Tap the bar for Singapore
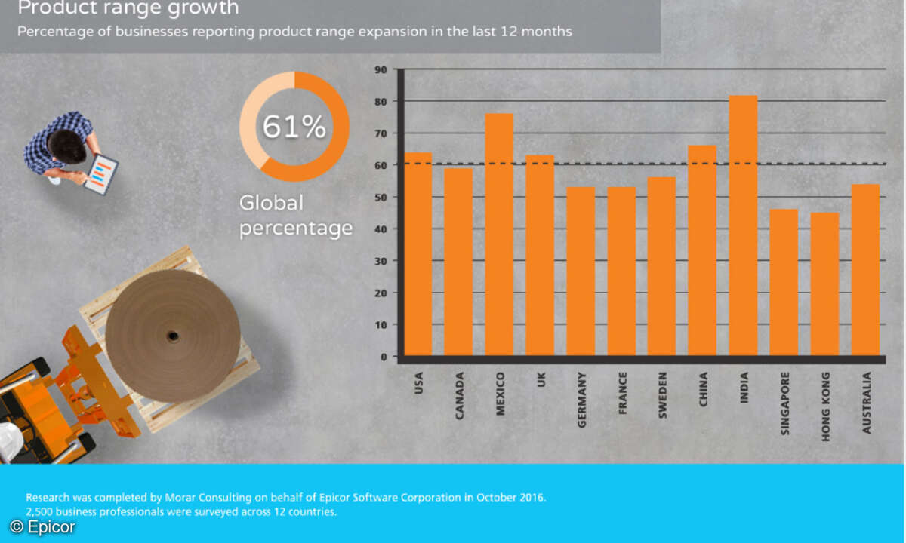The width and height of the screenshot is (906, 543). click(x=784, y=282)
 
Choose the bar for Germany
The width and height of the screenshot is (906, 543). click(x=581, y=271)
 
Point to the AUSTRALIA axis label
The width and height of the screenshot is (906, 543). click(x=866, y=402)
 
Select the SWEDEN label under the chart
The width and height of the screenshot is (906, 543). click(x=663, y=394)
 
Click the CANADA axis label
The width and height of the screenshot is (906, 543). click(x=460, y=396)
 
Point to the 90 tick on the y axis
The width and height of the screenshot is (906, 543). click(x=381, y=69)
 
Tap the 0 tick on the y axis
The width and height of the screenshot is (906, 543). click(x=384, y=357)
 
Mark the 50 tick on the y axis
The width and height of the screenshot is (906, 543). click(x=381, y=198)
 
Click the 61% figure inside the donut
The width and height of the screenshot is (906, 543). click(x=294, y=127)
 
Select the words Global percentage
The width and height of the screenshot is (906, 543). click(x=295, y=216)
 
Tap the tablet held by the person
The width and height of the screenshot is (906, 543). click(x=100, y=173)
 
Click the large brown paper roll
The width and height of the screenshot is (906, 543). click(x=173, y=336)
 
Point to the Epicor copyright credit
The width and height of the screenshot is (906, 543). click(x=42, y=527)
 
